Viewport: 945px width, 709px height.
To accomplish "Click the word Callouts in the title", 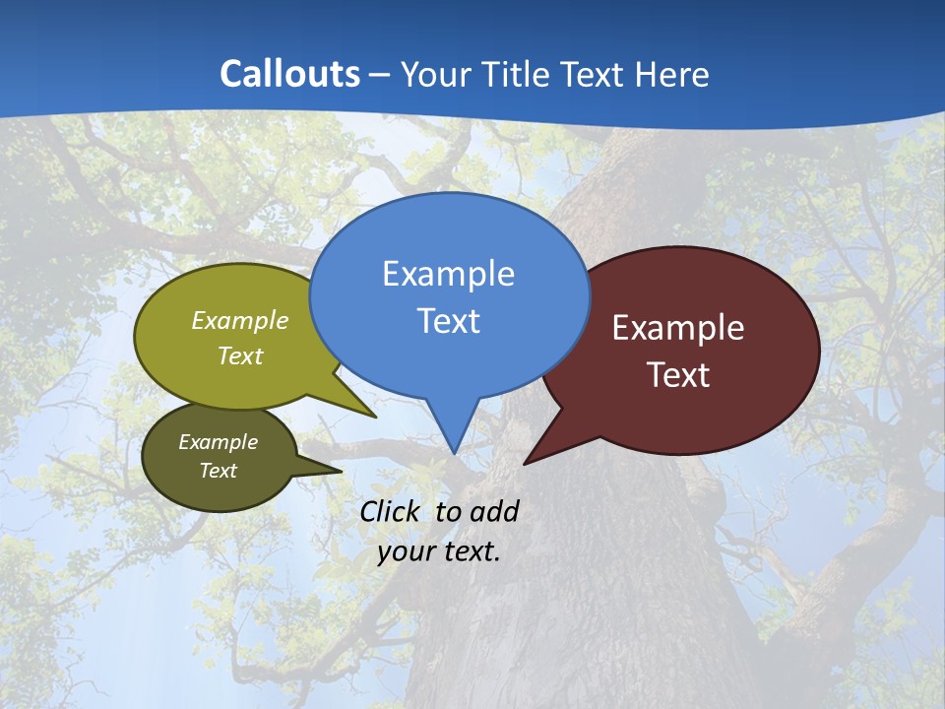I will coord(289,74).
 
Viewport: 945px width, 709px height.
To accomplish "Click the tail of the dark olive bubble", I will coord(320,467).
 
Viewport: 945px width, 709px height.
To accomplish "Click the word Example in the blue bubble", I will coord(448,274).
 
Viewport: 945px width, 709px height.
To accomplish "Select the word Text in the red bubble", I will coord(678,375).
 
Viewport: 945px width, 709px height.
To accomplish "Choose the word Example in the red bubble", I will coord(678,328).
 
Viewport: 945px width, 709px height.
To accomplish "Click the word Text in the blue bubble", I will coord(448,321).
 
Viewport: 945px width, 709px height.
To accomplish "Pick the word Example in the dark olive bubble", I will coord(218,442).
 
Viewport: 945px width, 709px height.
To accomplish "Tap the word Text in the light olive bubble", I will coord(240,355).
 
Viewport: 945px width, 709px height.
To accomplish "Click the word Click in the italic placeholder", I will coord(393,511).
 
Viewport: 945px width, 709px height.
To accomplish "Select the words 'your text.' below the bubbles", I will coord(439,551).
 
